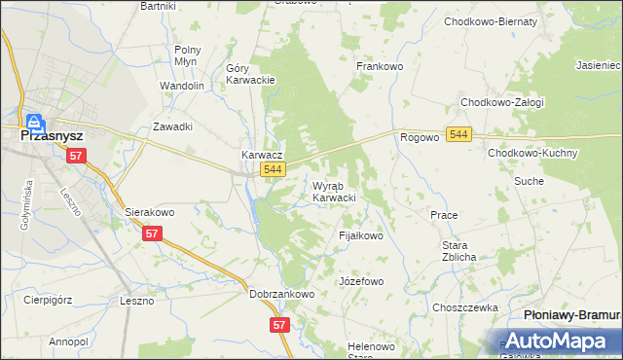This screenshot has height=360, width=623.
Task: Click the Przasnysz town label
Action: point(55,137)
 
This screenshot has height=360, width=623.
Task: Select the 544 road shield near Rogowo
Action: point(459,134)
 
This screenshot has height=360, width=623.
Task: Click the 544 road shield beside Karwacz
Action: point(274,170)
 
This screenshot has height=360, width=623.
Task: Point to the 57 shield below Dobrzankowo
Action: point(279,325)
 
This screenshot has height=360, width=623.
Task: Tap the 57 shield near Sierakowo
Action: point(151,234)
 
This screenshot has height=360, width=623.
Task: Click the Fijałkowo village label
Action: point(361,235)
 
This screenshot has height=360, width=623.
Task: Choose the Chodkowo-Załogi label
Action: point(502,102)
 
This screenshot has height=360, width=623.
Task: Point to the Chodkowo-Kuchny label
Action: point(533,154)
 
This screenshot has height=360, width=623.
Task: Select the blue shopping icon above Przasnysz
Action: point(34,122)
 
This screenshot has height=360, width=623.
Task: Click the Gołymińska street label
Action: point(26,205)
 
